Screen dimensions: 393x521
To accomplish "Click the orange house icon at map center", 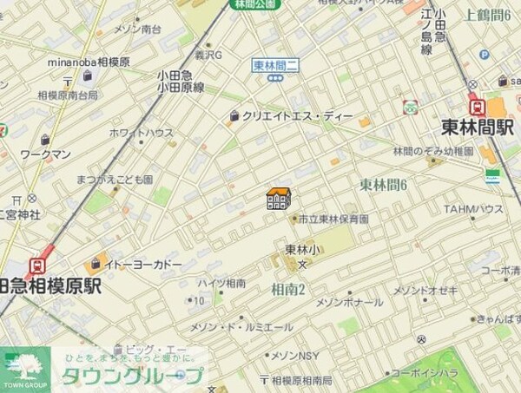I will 278,199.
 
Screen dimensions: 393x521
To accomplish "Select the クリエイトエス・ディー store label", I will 291,115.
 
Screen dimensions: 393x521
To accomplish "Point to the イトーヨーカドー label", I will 143,264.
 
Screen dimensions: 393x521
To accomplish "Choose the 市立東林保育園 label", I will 333,219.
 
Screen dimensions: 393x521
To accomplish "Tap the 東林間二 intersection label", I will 275,65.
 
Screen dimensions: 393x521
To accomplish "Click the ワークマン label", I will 45,154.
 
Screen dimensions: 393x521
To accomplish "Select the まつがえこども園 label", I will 115,180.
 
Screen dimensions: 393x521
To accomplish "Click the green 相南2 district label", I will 289,289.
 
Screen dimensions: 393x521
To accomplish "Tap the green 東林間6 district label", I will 384,184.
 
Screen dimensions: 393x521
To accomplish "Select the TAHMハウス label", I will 474,209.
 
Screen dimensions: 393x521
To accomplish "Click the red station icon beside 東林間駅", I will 476,105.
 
